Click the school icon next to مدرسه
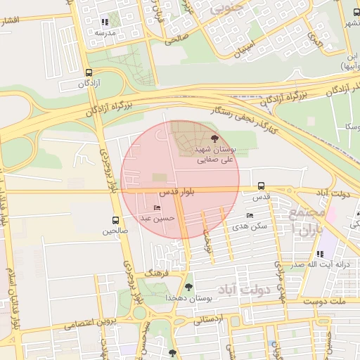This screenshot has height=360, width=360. click(105, 22)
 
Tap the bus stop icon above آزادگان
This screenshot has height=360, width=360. click(88, 72)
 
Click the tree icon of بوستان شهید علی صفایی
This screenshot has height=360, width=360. click(214, 139)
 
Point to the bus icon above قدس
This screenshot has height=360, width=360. click(262, 186)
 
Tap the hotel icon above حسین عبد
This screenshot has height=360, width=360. click(156, 208)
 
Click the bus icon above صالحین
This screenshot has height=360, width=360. click(116, 221)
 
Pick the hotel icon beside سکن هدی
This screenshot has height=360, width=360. click(250, 216)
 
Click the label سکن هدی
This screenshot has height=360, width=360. click(253, 226)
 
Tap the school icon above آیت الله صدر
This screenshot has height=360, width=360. click(320, 254)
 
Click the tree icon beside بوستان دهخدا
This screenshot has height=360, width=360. click(188, 287)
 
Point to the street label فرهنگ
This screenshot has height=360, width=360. click(153, 271)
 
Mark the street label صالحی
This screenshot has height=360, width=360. click(175, 41)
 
